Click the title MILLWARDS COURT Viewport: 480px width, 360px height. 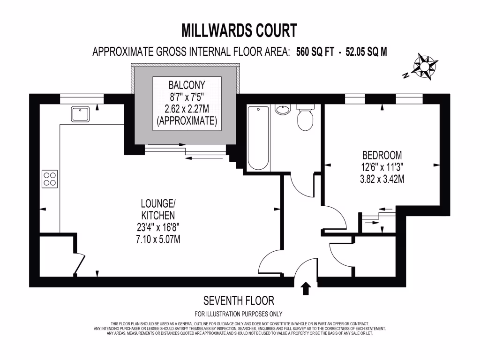point(239,31)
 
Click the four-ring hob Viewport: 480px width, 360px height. point(50,178)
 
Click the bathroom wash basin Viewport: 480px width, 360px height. point(283,109)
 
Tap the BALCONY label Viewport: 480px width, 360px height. point(187,85)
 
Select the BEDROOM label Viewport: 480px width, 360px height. point(382,155)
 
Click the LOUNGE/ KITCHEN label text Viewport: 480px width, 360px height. point(158,210)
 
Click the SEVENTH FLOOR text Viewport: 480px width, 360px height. point(239,300)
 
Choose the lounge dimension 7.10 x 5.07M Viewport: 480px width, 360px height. point(158,240)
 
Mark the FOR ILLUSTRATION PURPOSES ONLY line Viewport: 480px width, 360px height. point(239,314)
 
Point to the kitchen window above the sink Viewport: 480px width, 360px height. point(79,98)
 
